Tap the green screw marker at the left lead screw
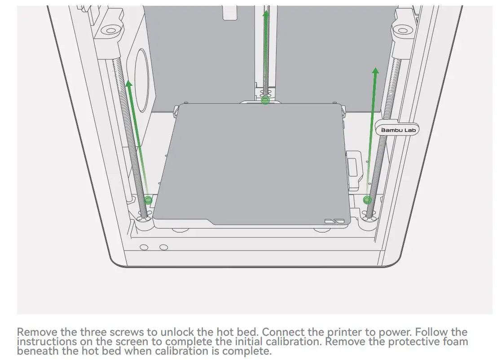148,200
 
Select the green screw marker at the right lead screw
367,200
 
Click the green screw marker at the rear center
265,100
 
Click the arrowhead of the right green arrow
375,71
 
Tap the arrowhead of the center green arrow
266,14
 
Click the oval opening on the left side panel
141,81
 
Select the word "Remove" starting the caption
37,333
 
